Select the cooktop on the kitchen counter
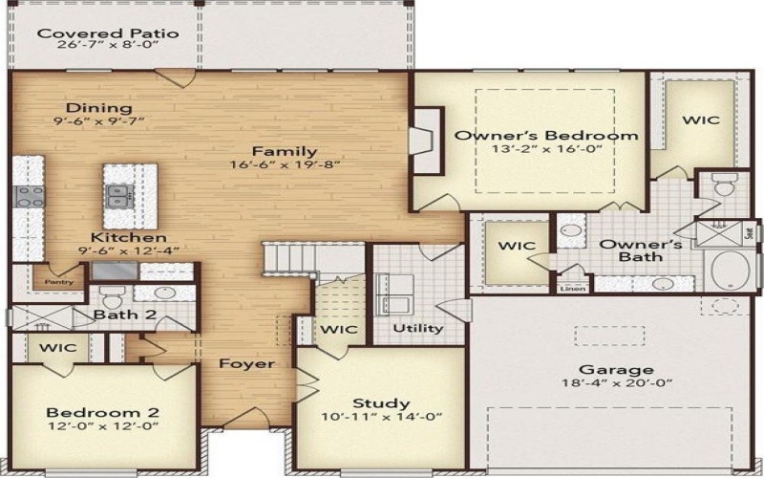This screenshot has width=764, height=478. pos(26,196)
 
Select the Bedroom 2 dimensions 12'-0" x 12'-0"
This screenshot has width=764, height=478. pos(103,427)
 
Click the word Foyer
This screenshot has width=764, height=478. pos(246,363)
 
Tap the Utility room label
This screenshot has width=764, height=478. pos(419,328)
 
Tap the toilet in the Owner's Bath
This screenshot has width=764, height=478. pos(723,185)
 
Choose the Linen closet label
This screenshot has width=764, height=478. pos(572,287)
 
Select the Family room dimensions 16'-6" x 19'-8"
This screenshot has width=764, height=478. pos(285,165)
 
